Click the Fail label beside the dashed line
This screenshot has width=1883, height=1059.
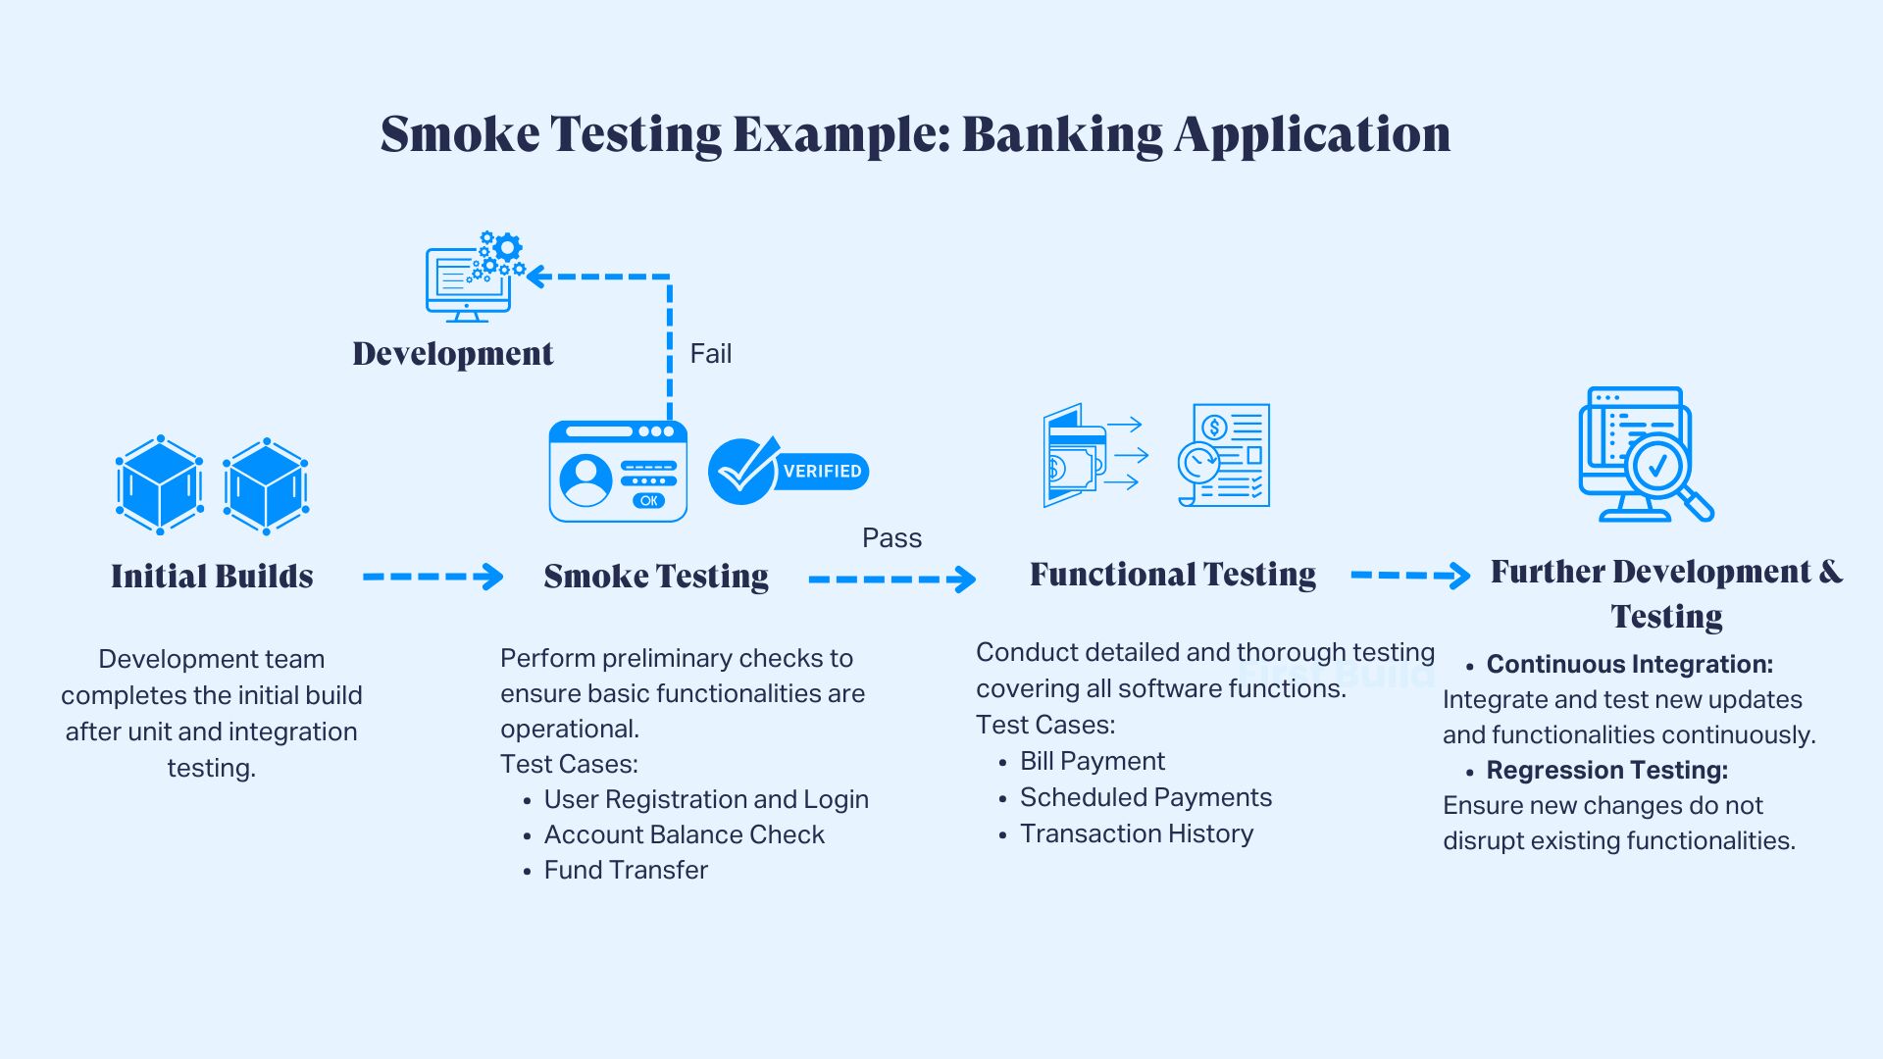(x=710, y=353)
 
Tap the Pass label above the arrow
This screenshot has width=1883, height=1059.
(x=891, y=537)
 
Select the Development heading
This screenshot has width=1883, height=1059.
(x=452, y=353)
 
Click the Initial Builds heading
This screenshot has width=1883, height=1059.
(x=212, y=576)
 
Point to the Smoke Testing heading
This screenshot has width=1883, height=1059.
(x=656, y=576)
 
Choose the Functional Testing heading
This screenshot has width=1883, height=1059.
(x=1173, y=574)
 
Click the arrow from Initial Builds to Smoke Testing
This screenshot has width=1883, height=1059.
(x=433, y=577)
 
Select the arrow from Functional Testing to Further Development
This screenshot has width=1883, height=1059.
(x=1410, y=575)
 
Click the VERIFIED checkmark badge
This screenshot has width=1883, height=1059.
(x=788, y=472)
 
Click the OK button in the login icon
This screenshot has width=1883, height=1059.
(x=648, y=500)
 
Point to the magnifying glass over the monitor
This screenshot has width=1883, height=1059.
(x=1663, y=471)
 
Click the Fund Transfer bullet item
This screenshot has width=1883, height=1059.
(x=626, y=870)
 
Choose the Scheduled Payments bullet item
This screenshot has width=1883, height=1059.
(x=1145, y=797)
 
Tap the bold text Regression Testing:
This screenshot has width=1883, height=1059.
(x=1606, y=770)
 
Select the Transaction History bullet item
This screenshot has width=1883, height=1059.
(x=1137, y=833)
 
